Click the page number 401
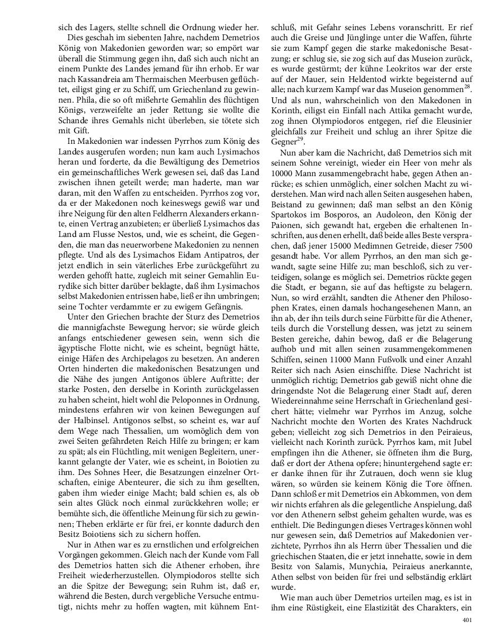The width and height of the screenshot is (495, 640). [x=466, y=620]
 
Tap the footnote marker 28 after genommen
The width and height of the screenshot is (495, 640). [x=467, y=85]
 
